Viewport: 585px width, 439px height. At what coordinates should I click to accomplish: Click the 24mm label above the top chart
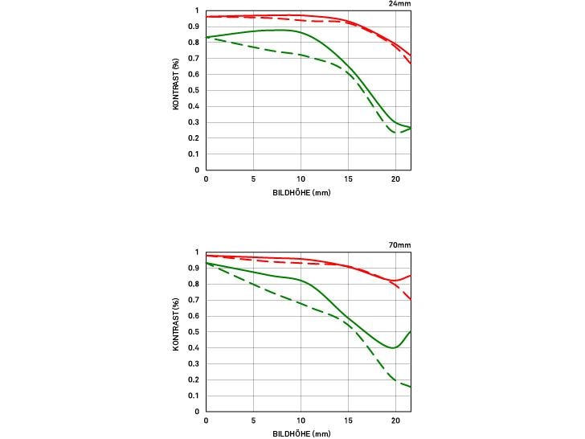400,3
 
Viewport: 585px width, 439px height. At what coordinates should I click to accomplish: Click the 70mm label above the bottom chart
400,244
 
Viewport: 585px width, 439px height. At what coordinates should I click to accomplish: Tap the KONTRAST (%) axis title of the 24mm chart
176,90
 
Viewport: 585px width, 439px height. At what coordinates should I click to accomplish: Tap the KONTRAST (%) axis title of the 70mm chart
176,331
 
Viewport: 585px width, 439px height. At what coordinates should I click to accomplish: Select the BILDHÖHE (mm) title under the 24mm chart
302,193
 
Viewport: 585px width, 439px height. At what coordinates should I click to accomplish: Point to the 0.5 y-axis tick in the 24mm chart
196,90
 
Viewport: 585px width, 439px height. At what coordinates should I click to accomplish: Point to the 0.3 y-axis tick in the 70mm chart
196,363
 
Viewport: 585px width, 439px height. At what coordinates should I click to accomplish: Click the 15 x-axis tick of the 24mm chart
348,179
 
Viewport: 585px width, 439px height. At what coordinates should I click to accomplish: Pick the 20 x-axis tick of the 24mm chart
395,179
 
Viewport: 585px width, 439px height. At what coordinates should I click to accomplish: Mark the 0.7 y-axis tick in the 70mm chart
196,299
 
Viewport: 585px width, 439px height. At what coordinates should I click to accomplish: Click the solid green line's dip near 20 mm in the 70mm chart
394,348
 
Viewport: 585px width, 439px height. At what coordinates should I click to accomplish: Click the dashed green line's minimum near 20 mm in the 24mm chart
397,133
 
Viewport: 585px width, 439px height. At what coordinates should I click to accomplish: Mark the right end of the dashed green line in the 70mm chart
411,387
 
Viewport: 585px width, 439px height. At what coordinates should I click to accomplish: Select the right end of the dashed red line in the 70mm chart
411,299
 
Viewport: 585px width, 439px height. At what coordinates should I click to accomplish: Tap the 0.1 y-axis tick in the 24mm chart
196,154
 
